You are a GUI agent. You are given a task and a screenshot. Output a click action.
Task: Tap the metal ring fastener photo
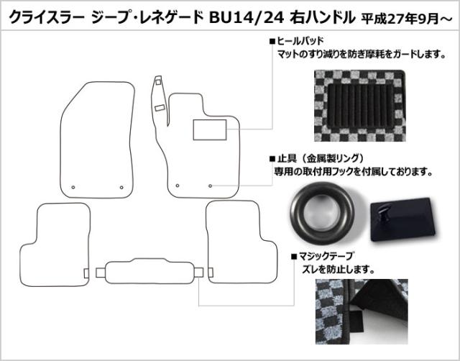(322, 213)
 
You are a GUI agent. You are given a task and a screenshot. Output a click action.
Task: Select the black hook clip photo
(402, 219)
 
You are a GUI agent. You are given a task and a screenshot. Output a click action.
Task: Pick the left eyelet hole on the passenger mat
(73, 187)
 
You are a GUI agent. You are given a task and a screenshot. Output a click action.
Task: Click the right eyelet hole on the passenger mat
(121, 187)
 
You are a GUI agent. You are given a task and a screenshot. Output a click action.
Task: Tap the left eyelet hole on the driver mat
(178, 186)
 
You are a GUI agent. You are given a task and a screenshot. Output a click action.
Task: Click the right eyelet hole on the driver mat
(210, 186)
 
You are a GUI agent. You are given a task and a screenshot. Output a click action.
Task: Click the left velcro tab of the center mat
(101, 273)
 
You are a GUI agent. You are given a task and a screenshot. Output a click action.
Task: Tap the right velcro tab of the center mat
(198, 273)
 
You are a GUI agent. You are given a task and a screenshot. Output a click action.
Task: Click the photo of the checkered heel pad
(359, 106)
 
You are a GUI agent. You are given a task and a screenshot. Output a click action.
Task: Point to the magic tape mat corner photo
(362, 311)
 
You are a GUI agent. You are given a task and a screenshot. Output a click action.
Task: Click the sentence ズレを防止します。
(339, 270)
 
